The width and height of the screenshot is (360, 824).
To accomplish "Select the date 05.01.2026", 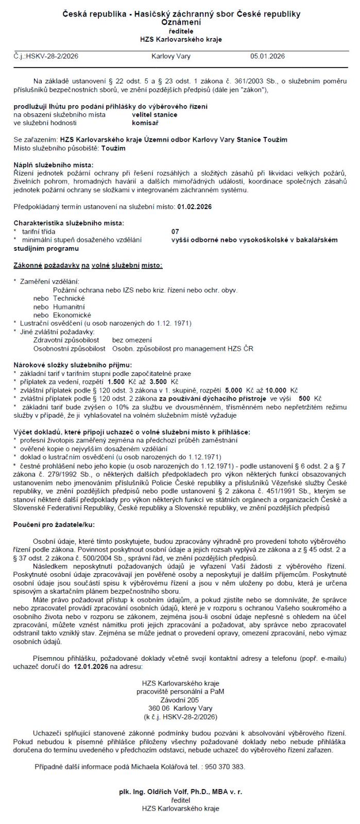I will pos(267,56).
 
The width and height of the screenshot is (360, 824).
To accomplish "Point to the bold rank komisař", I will pos(145,123).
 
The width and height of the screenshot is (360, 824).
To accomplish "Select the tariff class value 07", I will pos(175,232).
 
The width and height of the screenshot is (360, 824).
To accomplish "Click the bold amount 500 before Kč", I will pos(304,399).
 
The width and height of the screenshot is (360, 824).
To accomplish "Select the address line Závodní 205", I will pos(180,700).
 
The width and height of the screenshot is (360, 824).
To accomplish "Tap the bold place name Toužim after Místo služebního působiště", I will pos(113,148).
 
